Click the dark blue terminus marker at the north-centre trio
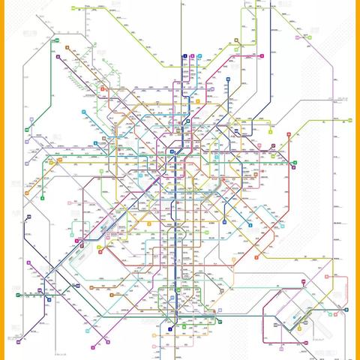(x=184, y=56)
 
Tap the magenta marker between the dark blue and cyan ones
(x=192, y=56)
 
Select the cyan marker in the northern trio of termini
(x=199, y=56)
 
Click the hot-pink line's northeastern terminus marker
(x=261, y=56)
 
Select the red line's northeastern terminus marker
(x=309, y=36)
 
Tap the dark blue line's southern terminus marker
(x=170, y=328)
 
